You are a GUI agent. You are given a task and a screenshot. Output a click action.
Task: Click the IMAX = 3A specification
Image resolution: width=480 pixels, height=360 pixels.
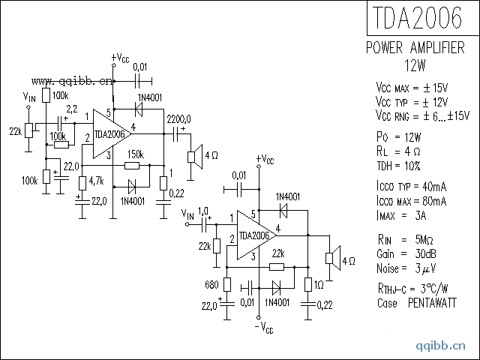point(401,216)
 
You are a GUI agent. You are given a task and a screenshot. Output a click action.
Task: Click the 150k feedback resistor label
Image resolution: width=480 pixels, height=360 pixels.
point(136,154)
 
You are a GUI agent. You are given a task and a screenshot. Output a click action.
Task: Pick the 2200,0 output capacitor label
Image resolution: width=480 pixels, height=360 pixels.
point(178,118)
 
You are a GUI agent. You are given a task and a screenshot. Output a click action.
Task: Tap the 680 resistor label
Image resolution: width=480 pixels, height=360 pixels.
point(211,285)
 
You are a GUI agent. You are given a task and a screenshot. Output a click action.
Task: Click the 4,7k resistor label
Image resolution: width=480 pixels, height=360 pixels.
point(96,181)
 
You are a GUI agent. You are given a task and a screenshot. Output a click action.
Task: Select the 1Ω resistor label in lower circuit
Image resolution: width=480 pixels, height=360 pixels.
point(319,284)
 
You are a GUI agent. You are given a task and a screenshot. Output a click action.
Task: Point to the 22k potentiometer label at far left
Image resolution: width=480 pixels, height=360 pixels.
point(14,131)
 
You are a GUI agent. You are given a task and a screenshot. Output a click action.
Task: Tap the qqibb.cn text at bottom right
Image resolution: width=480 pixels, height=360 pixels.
point(441,346)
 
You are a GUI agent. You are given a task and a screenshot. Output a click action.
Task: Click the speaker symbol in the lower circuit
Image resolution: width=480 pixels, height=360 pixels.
point(328,259)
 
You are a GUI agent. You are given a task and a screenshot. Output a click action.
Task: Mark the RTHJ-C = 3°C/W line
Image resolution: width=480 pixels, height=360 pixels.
point(412,290)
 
